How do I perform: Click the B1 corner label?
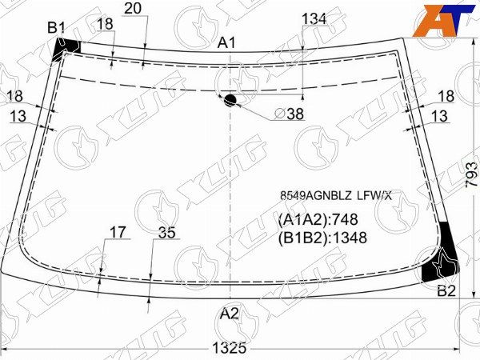pyautogui.click(x=55, y=28)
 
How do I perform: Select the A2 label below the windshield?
pyautogui.click(x=230, y=314)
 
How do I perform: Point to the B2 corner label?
pyautogui.click(x=446, y=290)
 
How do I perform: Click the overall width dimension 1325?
pyautogui.click(x=230, y=348)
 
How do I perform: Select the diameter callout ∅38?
pyautogui.click(x=289, y=114)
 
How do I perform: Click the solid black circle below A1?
pyautogui.click(x=230, y=100)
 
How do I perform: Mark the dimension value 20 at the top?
pyautogui.click(x=134, y=8)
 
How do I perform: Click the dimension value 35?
pyautogui.click(x=166, y=234)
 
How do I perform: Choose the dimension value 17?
pyautogui.click(x=118, y=232)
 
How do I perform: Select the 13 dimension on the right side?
pyautogui.click(x=439, y=117)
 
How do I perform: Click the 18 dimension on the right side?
pyautogui.click(x=445, y=96)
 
